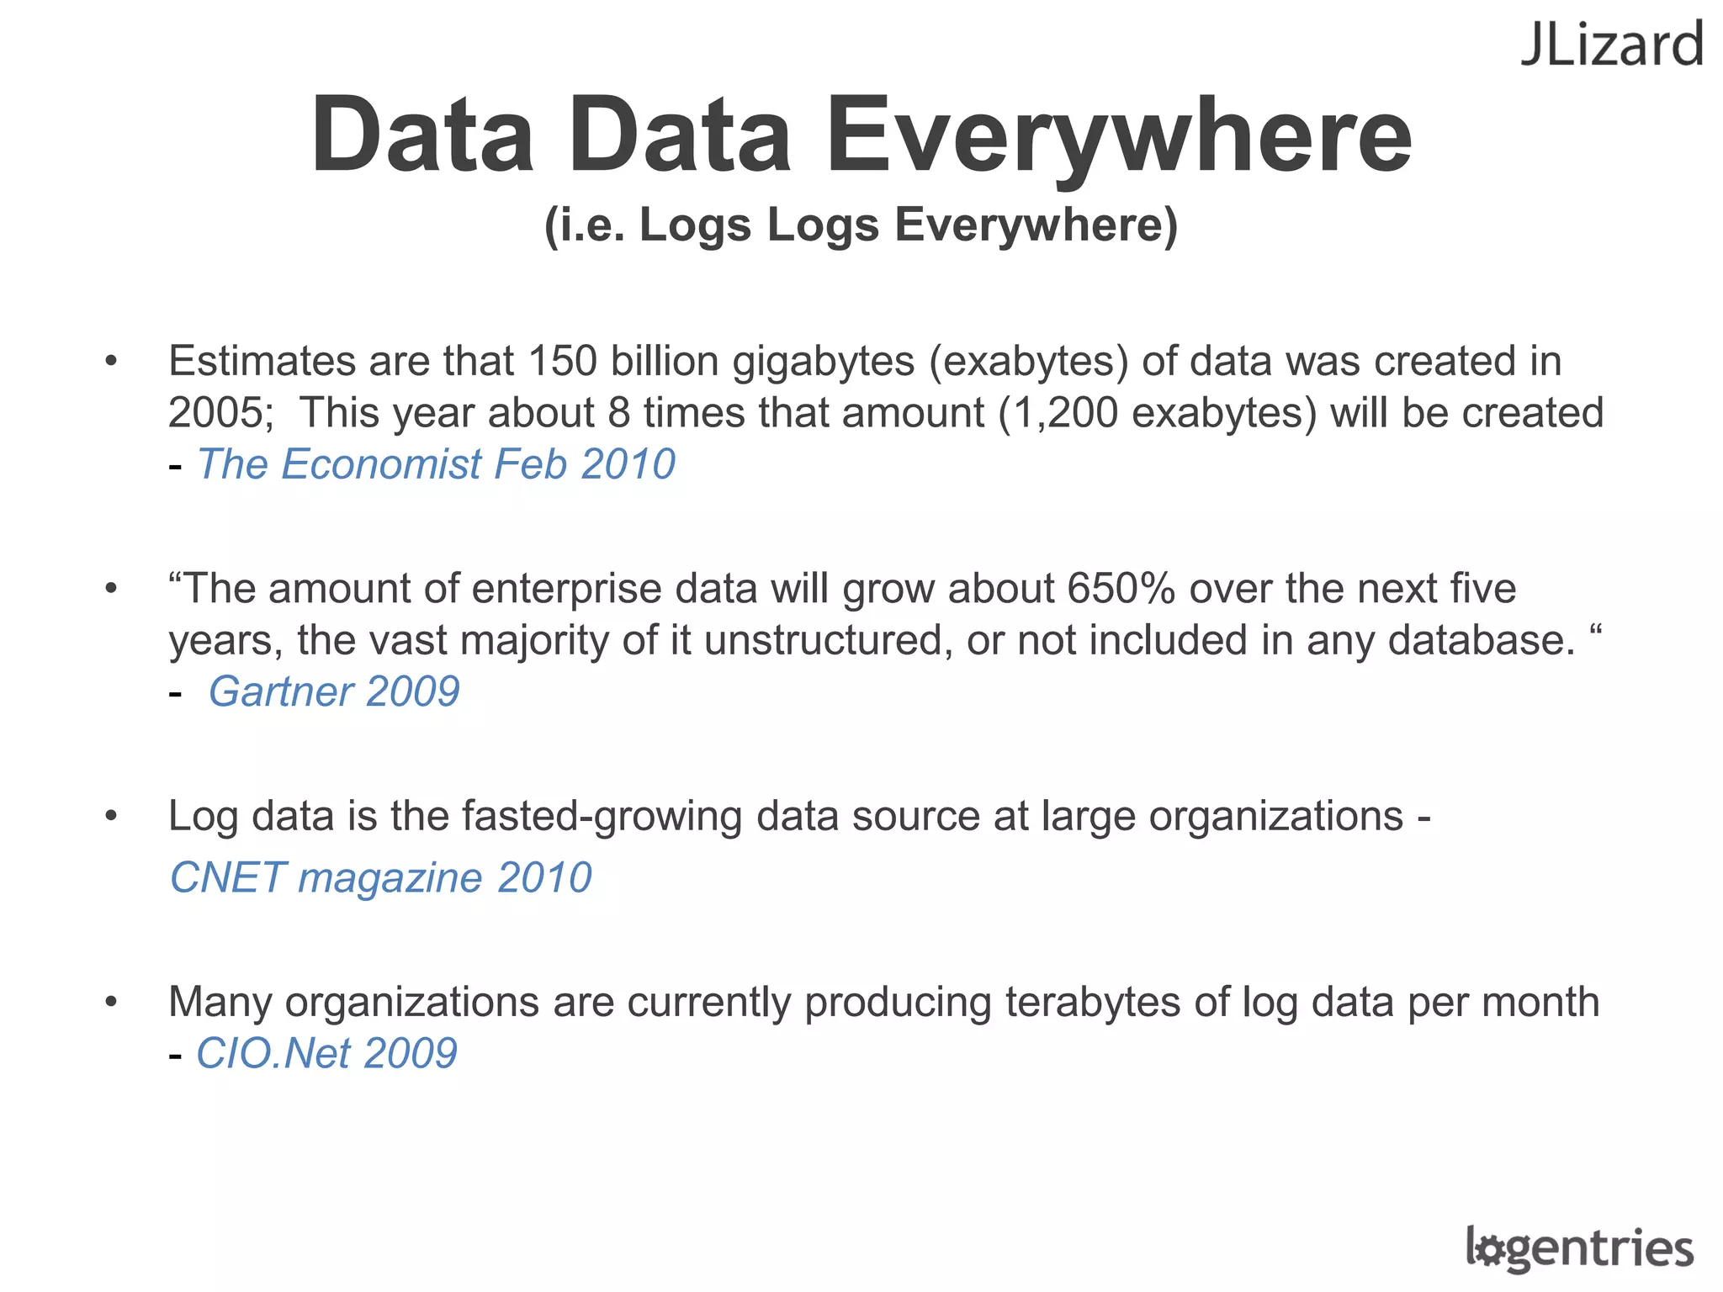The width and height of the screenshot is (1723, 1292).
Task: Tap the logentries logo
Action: (x=1579, y=1247)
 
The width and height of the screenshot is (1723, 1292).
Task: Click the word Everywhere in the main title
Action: (x=1118, y=137)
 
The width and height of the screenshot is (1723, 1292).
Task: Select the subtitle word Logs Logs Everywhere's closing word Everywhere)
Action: (x=1036, y=225)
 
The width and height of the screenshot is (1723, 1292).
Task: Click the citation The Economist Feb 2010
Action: (x=436, y=464)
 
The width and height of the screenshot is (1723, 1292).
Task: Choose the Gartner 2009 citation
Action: (x=334, y=692)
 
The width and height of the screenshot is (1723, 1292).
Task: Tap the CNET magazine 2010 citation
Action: (x=381, y=878)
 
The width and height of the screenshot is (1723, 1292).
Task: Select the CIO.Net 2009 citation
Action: (x=326, y=1054)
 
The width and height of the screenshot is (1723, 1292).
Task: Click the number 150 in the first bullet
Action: (x=562, y=362)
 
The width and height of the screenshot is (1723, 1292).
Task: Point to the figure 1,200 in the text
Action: (x=1058, y=414)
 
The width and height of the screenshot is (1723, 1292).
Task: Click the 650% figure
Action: (x=1121, y=589)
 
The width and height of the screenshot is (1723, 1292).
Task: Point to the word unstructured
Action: (x=829, y=641)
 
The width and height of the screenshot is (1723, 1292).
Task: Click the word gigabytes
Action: (x=824, y=362)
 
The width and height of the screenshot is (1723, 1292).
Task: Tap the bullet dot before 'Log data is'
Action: (x=111, y=816)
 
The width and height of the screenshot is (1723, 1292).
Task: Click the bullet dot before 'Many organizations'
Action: (x=111, y=1002)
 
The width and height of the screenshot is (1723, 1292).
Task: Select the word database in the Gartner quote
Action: (x=1481, y=641)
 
